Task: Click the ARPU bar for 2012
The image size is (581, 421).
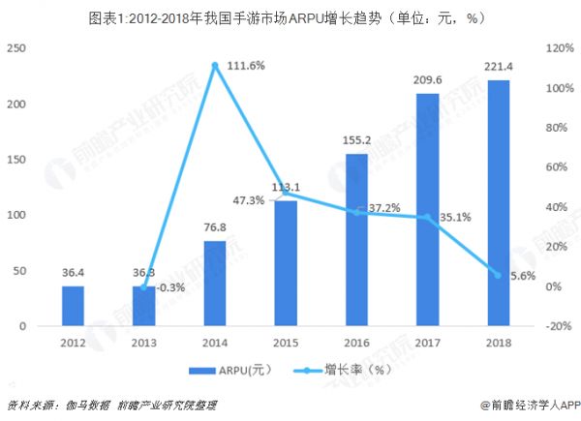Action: click(73, 306)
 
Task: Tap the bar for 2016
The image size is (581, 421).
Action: click(356, 240)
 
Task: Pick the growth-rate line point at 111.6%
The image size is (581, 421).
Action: click(215, 65)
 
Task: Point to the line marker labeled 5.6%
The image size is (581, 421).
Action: click(498, 275)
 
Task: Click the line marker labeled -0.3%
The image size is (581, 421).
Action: click(144, 287)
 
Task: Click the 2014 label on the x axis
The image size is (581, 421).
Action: click(215, 342)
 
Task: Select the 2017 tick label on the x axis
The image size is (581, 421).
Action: click(427, 342)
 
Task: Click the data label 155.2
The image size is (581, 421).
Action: click(356, 141)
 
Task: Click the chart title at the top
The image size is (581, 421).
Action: click(290, 17)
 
